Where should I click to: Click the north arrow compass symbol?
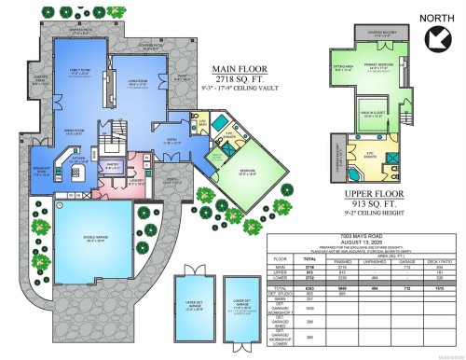tap(433, 37)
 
